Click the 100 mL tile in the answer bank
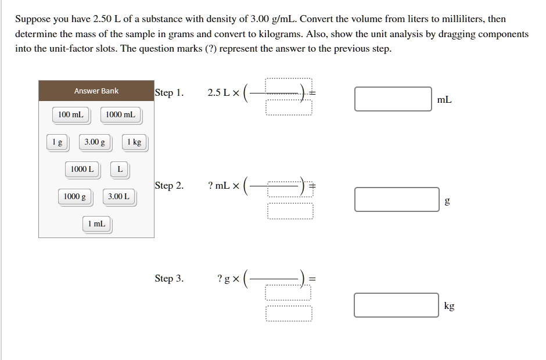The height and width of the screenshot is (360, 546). (71, 115)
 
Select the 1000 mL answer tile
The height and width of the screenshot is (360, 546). (120, 115)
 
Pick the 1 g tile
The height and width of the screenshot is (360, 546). (57, 142)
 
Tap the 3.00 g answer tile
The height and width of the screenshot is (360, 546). (95, 142)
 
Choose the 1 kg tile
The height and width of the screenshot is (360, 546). (134, 142)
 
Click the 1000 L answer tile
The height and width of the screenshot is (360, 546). (82, 170)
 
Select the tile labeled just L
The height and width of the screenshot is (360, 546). (120, 170)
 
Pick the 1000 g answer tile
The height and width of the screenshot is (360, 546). (75, 197)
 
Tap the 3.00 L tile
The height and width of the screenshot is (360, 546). (118, 197)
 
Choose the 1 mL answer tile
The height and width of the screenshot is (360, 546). (96, 224)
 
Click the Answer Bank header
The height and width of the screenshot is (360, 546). (96, 91)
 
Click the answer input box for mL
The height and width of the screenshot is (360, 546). (393, 99)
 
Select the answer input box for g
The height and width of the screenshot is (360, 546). (397, 199)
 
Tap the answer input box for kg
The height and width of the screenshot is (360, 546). (397, 305)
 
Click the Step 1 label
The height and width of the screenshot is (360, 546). (169, 92)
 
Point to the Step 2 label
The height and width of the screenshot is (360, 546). (169, 186)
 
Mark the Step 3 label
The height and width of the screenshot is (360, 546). (169, 279)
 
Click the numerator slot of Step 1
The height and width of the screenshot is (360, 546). (289, 85)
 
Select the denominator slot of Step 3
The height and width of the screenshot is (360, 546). (289, 314)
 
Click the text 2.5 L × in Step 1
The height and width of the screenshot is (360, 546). (223, 93)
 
